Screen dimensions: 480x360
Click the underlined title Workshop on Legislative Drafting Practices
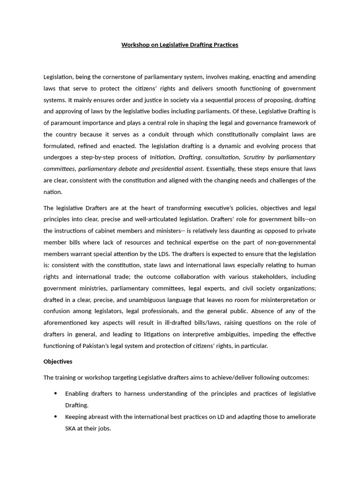(x=180, y=45)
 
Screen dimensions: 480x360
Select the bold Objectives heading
(x=58, y=362)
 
